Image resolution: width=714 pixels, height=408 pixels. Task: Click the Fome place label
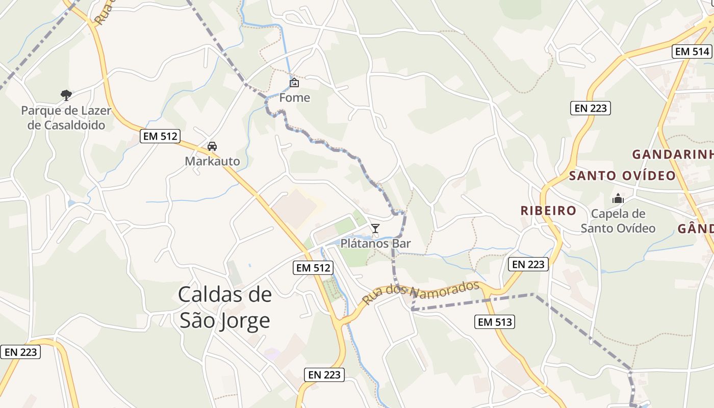pos(294,97)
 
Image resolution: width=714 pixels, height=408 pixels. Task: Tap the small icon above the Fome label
pos(294,82)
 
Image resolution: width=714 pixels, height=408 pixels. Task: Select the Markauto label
pos(212,161)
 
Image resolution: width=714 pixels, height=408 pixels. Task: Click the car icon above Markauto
pos(212,146)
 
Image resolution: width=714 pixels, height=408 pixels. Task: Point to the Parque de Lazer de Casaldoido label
pos(66,118)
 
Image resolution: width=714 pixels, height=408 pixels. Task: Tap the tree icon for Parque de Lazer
pos(66,95)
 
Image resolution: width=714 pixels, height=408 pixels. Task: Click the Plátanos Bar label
pos(375,243)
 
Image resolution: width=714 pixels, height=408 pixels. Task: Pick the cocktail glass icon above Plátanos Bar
pos(375,228)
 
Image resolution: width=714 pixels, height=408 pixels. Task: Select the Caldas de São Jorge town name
pos(225,308)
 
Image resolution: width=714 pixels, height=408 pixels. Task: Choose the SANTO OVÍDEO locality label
pos(622,175)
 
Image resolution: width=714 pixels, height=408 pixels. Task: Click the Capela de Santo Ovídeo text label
pos(618,221)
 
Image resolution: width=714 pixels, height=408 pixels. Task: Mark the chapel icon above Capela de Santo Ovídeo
pos(618,198)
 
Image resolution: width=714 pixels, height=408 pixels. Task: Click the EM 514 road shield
pos(692,52)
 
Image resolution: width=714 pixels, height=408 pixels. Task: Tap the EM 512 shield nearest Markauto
pos(160,136)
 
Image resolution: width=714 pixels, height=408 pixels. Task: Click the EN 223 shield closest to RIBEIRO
pos(528,264)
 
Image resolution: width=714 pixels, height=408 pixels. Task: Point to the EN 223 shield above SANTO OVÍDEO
pos(590,108)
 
